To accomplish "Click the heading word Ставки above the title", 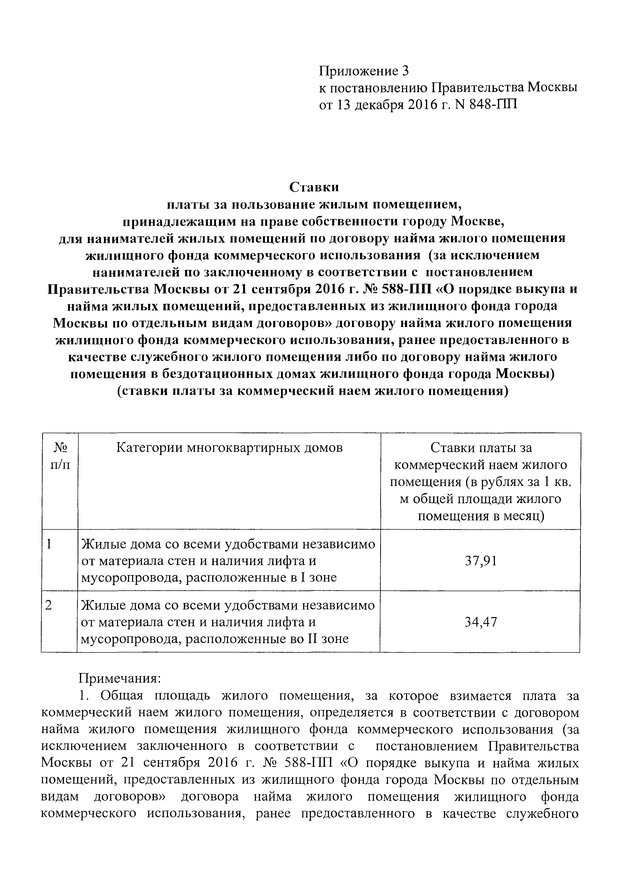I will click(x=314, y=187).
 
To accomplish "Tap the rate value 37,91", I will click(x=481, y=561).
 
